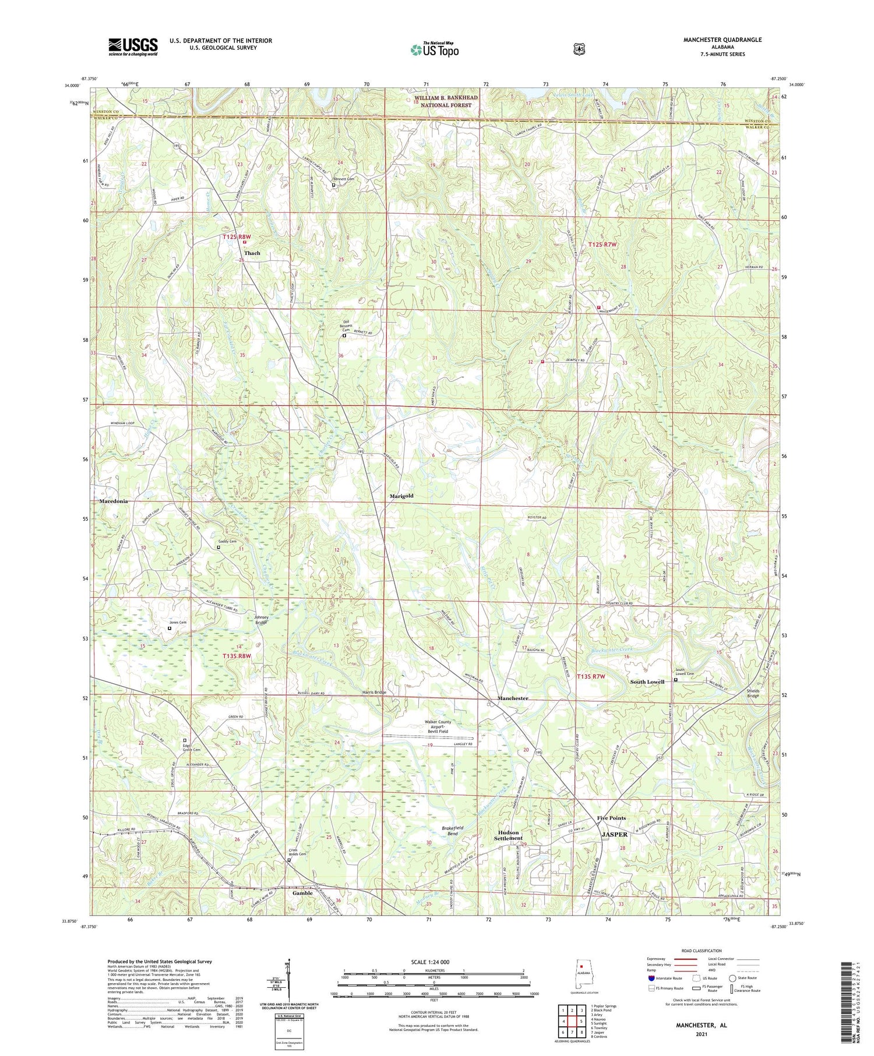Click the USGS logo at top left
133,47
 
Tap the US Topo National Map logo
434,50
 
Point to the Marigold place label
401,496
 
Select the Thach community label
252,253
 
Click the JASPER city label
614,834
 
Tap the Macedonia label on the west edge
113,501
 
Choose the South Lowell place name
647,681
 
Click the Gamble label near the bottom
302,893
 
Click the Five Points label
611,818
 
